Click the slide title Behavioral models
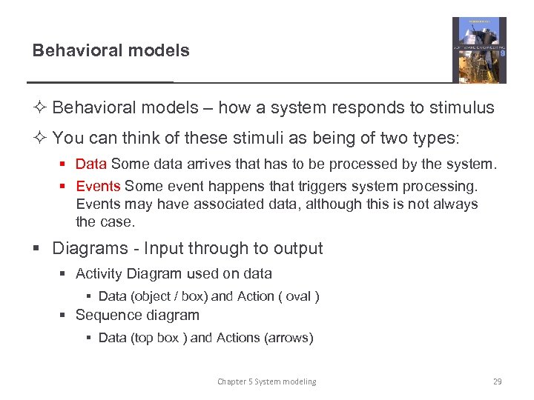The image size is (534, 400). [111, 51]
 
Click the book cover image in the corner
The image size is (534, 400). [479, 50]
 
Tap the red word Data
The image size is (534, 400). [91, 164]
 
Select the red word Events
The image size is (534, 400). [98, 186]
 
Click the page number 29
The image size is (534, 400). [497, 381]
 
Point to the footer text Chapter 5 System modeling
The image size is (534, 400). [266, 381]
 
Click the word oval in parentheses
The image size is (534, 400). [298, 296]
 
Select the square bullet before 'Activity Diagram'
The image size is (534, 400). [65, 274]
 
